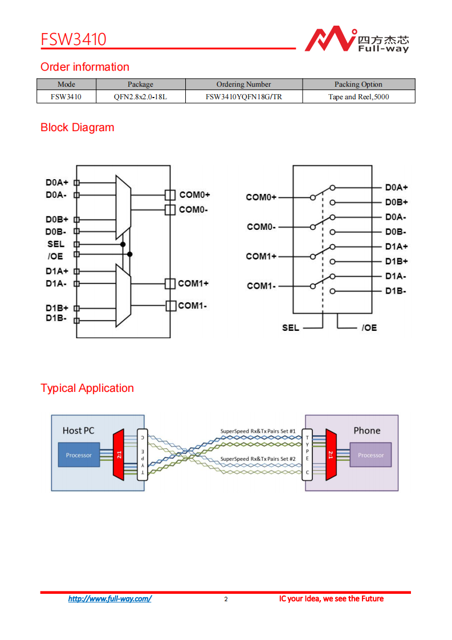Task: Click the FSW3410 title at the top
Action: click(73, 39)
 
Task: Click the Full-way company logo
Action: click(356, 39)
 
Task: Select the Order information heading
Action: click(85, 67)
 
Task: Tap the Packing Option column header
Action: click(358, 84)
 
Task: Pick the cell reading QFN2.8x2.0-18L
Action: click(140, 97)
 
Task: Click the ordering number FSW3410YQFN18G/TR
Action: click(243, 97)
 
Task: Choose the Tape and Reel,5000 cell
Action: click(358, 97)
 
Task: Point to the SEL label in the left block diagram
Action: click(56, 244)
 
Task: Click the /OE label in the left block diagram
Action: click(56, 256)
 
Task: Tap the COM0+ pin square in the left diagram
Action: click(169, 195)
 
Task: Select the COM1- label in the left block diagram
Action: click(192, 306)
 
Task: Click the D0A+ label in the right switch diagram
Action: click(396, 187)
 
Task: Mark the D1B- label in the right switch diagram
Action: click(396, 291)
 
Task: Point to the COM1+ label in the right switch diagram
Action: click(261, 256)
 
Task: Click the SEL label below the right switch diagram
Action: click(291, 328)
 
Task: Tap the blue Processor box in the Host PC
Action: click(79, 455)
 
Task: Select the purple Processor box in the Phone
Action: click(370, 455)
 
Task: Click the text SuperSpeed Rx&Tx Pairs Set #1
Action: click(258, 431)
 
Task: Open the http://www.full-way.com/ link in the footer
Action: click(109, 599)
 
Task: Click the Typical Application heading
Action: click(87, 388)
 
